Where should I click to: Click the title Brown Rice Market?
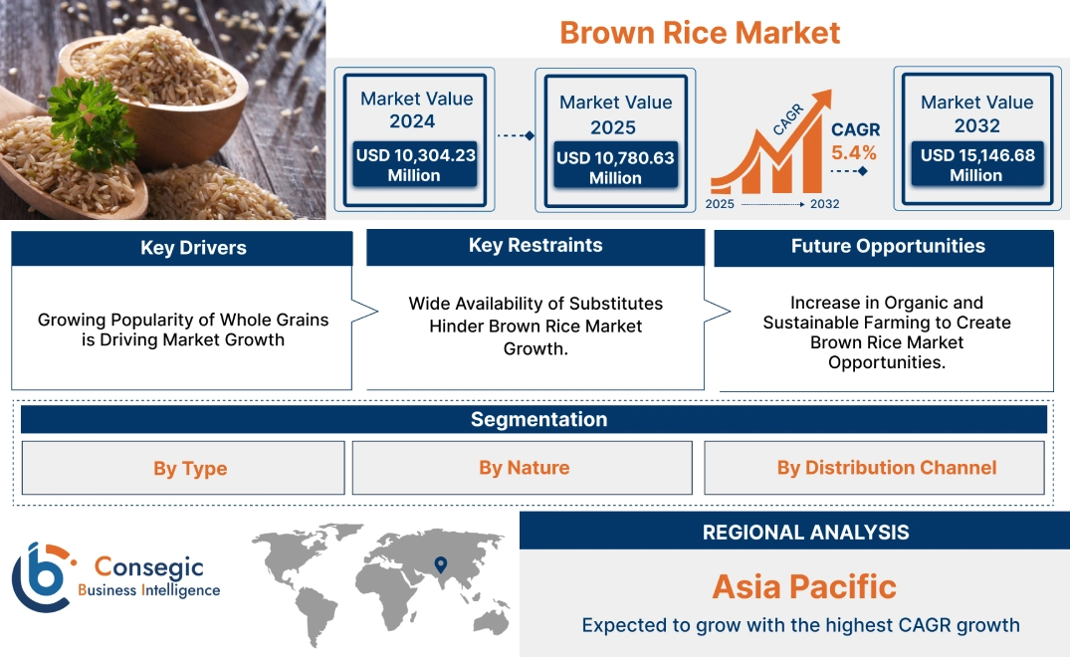[700, 32]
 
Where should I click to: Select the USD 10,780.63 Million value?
[615, 167]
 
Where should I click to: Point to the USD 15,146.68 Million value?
[976, 165]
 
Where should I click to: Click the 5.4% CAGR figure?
[854, 152]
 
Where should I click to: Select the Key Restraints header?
[535, 246]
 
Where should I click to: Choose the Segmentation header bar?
[538, 419]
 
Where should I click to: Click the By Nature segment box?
[524, 468]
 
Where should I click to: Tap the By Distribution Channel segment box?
[886, 468]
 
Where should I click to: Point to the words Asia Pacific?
[804, 586]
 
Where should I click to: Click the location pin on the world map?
[439, 565]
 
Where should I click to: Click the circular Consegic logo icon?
[41, 577]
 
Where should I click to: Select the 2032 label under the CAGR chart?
[824, 204]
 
